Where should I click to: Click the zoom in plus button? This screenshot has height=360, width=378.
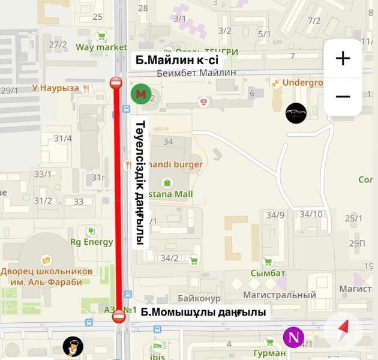(343, 58)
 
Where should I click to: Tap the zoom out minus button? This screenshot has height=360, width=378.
(343, 96)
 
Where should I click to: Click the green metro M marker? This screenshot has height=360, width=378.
(141, 94)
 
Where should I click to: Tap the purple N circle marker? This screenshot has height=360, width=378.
(293, 337)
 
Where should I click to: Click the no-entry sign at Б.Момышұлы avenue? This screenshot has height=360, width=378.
(119, 316)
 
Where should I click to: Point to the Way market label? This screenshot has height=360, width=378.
(101, 47)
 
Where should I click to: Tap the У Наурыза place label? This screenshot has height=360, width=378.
(55, 88)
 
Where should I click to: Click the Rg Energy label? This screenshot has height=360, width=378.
(92, 242)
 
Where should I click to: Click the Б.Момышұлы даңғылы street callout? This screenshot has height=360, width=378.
(203, 313)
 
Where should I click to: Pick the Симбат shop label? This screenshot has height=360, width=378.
(268, 273)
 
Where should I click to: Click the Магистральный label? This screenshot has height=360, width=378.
(279, 295)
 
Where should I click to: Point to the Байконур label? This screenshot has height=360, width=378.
(199, 298)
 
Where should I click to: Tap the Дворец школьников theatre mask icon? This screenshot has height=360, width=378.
(44, 259)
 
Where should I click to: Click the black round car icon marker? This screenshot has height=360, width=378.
(295, 113)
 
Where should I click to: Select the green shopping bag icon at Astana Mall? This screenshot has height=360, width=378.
(167, 182)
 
